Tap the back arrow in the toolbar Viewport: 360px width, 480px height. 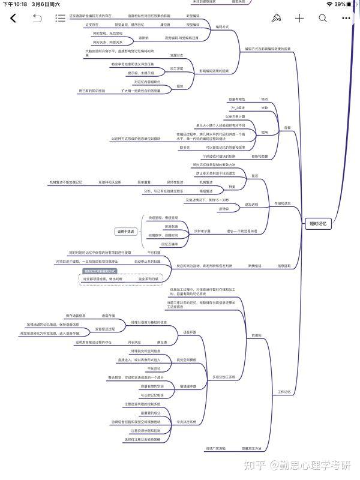(x=13, y=18)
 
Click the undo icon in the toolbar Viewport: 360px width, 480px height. (x=37, y=18)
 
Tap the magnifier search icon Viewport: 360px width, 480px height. (x=323, y=18)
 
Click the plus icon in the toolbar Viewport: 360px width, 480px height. (x=300, y=18)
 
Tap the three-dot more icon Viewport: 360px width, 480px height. (x=346, y=18)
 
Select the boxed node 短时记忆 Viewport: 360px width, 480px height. (x=317, y=223)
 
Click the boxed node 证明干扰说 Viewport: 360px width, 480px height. (x=127, y=231)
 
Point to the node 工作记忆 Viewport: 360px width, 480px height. (x=284, y=392)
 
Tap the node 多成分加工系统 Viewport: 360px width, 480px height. (x=224, y=376)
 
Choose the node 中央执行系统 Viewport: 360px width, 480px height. (x=187, y=422)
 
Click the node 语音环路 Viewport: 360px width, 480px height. (x=190, y=332)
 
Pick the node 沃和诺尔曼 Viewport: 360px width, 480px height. (x=201, y=231)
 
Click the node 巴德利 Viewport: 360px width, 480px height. (x=257, y=334)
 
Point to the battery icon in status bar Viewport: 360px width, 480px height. (x=352, y=4)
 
